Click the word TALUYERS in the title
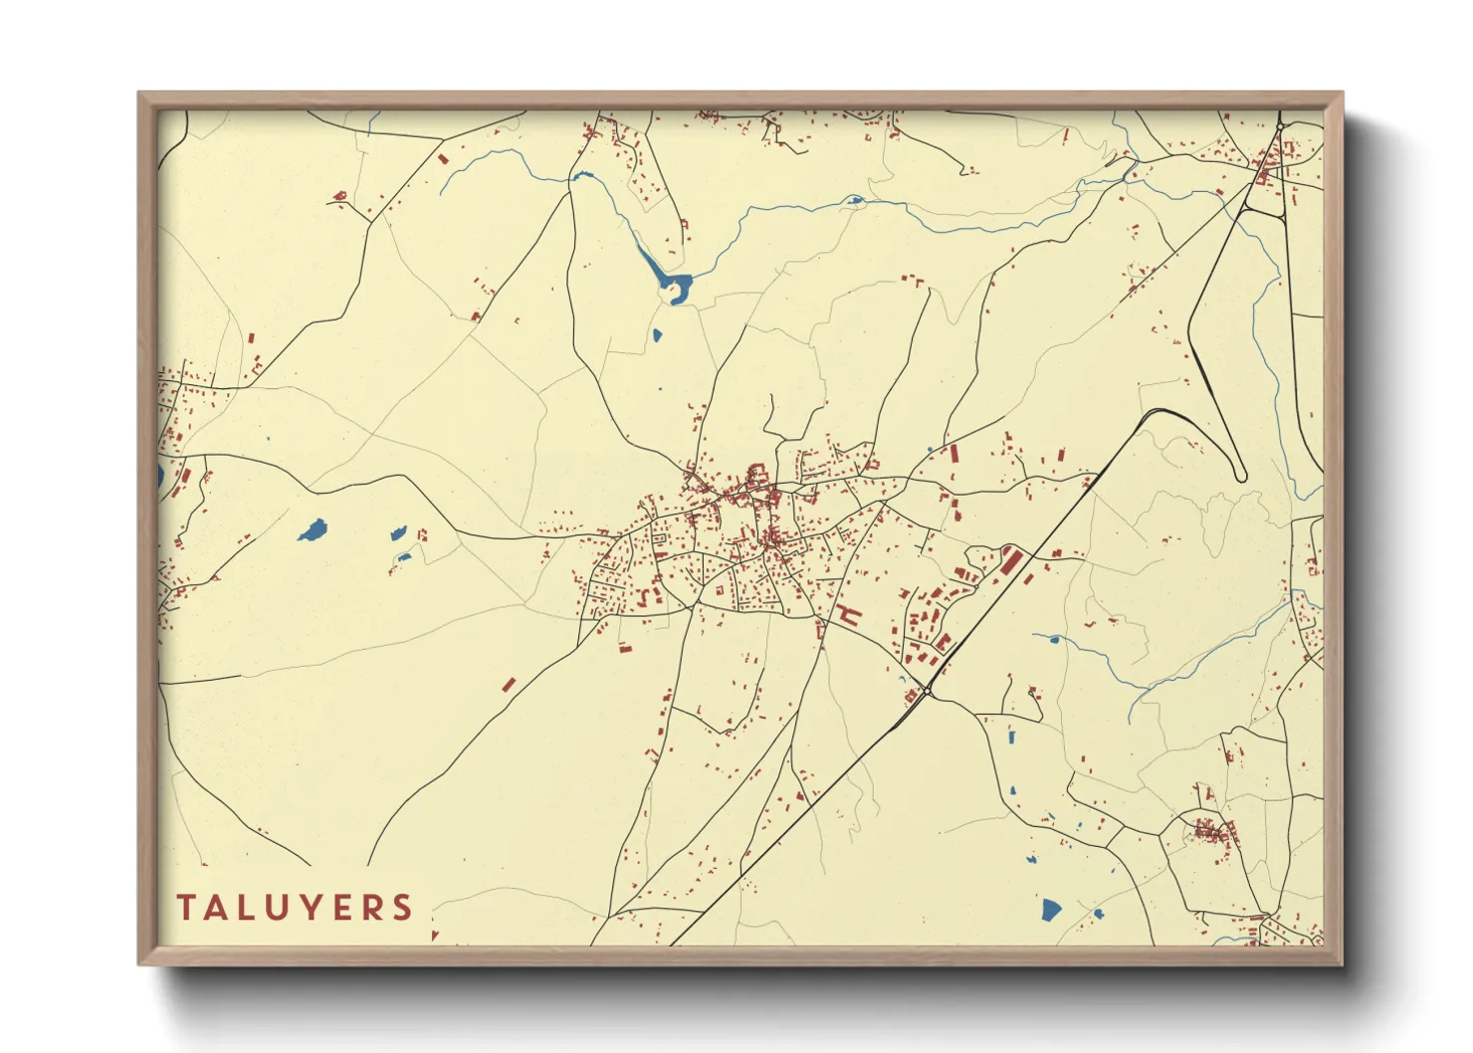click(295, 908)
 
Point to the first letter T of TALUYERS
click(186, 908)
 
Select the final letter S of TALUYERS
click(402, 908)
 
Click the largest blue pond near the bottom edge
click(1051, 909)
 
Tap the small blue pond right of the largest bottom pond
click(1098, 913)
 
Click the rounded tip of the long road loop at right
click(1240, 476)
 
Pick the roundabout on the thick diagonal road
click(927, 690)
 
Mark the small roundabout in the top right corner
click(1280, 127)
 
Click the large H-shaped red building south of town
click(846, 614)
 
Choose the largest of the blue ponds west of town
click(313, 529)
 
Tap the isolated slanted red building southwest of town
click(509, 685)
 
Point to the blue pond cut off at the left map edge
click(160, 476)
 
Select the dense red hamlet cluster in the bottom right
click(1210, 831)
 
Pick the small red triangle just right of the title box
click(435, 935)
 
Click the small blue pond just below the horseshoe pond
click(657, 334)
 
